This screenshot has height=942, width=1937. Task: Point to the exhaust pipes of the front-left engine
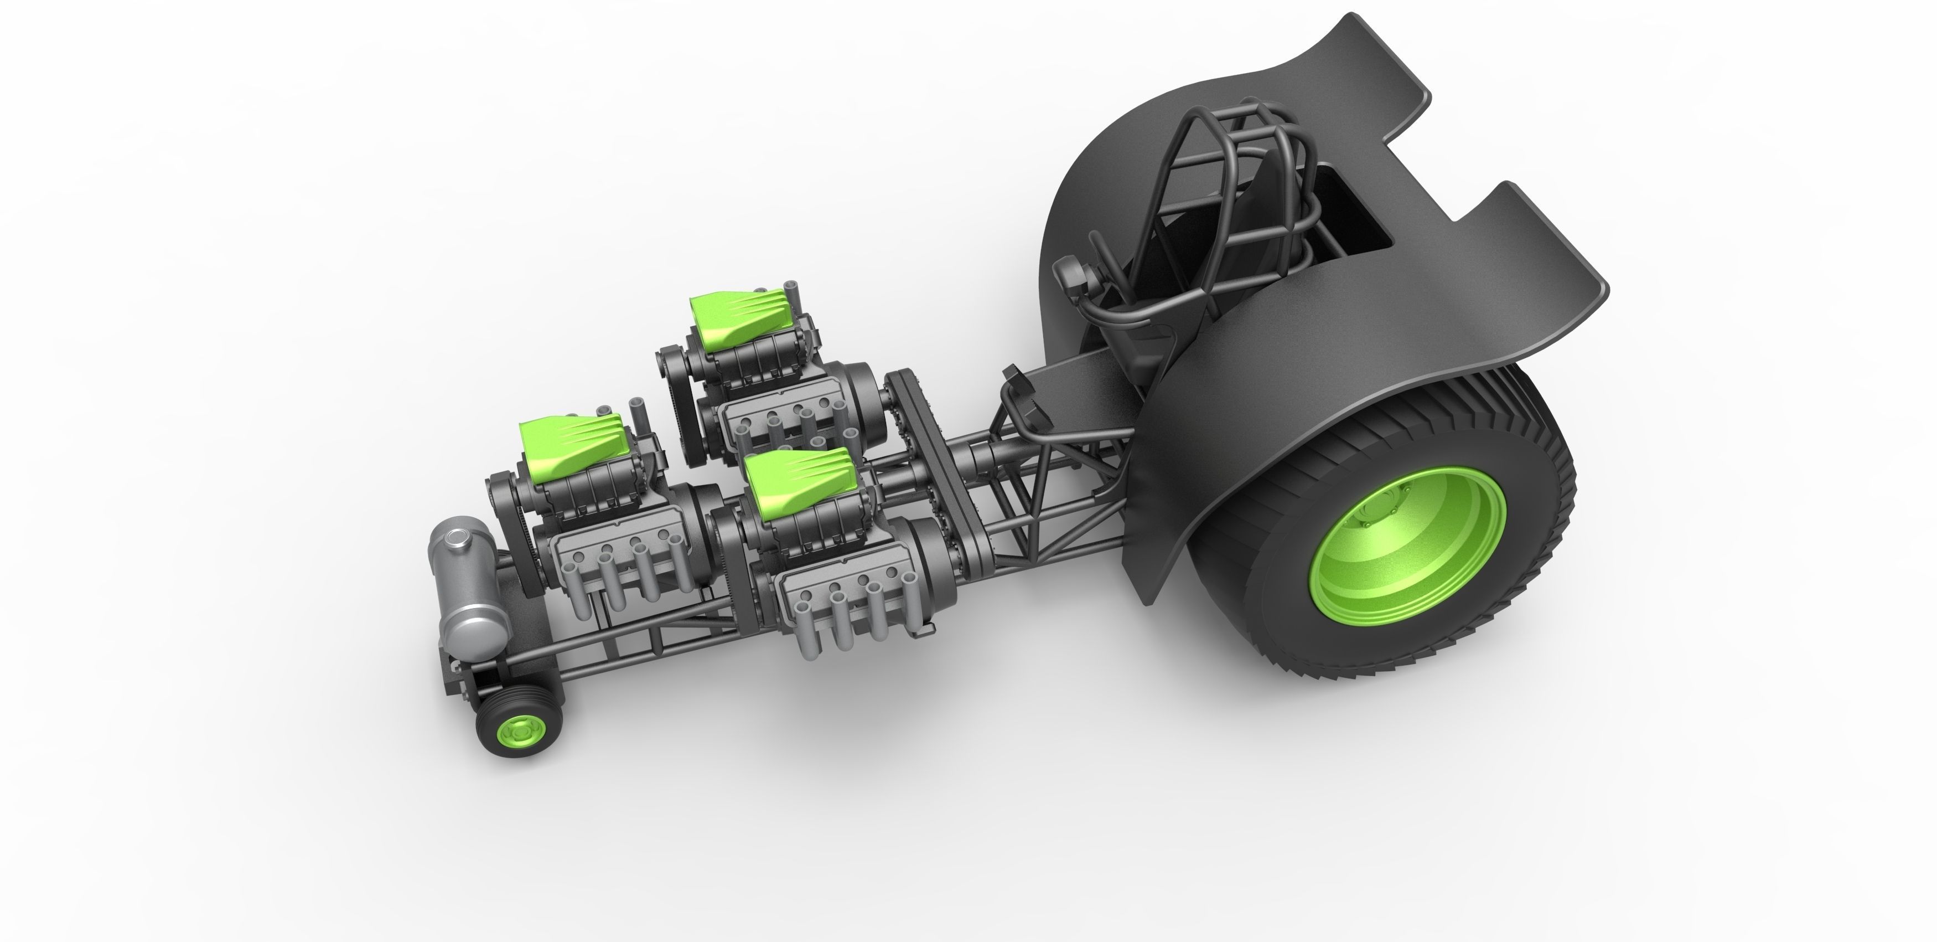click(617, 579)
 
